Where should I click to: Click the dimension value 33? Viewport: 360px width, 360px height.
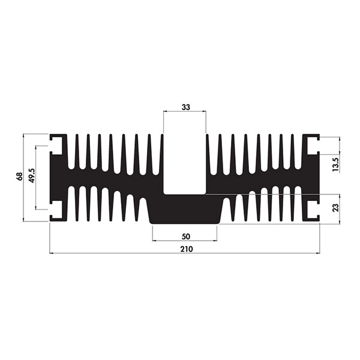[x=186, y=107]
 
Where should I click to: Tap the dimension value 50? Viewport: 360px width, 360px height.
[x=186, y=236]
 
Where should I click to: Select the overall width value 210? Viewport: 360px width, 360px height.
[x=186, y=249]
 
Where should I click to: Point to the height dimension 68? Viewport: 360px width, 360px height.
[x=20, y=176]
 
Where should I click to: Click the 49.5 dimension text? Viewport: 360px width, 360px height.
[x=31, y=176]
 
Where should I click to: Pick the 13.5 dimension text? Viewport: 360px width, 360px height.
[x=335, y=164]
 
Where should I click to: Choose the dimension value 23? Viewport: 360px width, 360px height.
[x=335, y=208]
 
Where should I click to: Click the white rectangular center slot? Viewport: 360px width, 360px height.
[x=185, y=164]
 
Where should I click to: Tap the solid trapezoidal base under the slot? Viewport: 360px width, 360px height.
[x=185, y=209]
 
